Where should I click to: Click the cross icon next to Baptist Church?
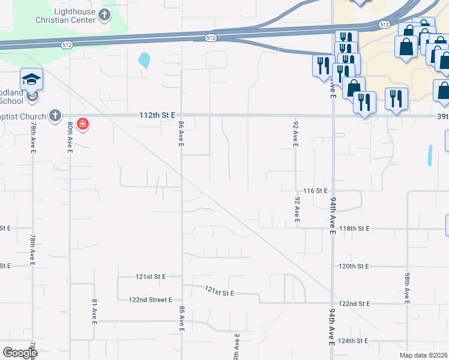[55, 115]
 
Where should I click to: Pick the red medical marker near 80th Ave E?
[83, 124]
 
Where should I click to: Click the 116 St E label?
[315, 190]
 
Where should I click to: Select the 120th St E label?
[354, 266]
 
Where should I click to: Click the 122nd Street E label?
[150, 299]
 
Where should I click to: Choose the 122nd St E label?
[354, 304]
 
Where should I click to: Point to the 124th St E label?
[354, 341]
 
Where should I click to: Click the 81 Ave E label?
[94, 311]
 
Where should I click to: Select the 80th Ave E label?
[70, 137]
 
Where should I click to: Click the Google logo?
[19, 352]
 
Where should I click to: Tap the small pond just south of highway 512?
[144, 60]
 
